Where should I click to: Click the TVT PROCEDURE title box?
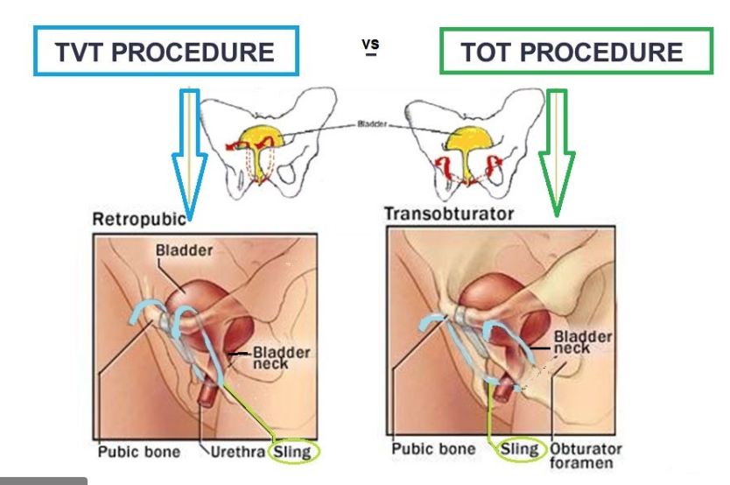point(165,52)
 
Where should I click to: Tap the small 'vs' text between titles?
point(371,45)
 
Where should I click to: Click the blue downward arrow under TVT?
point(187,149)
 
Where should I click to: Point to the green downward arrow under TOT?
point(556,149)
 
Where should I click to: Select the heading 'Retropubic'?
point(139,218)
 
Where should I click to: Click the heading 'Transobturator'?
point(449,214)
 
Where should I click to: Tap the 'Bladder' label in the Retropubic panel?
point(185,250)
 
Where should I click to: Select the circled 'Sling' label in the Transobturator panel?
point(519,450)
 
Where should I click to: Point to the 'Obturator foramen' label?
point(586,456)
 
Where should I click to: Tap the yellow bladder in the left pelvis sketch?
point(259,139)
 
